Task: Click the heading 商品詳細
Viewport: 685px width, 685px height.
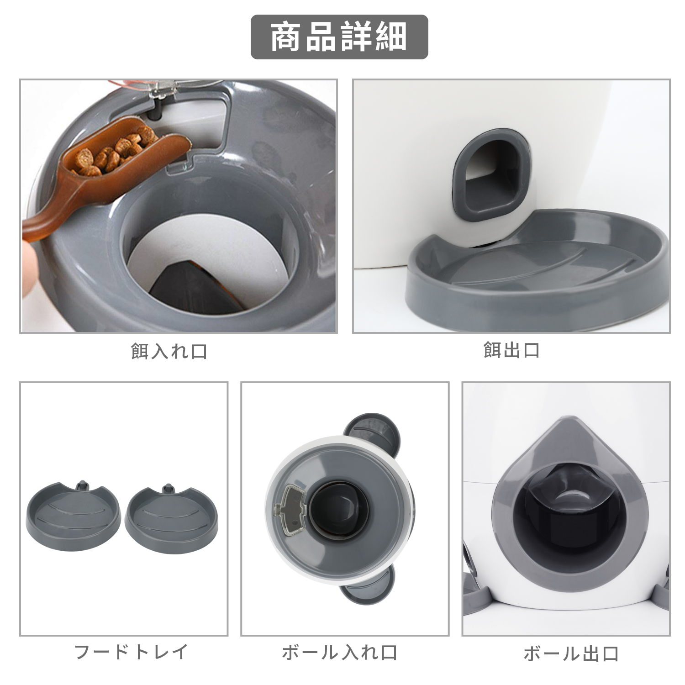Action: click(339, 37)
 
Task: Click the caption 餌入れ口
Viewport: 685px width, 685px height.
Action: click(169, 351)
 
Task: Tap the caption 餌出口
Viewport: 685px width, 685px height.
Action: click(511, 350)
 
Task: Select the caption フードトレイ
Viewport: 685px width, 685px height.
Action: click(131, 652)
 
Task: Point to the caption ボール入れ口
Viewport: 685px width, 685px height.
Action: click(340, 653)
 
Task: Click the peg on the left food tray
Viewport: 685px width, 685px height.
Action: click(83, 485)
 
